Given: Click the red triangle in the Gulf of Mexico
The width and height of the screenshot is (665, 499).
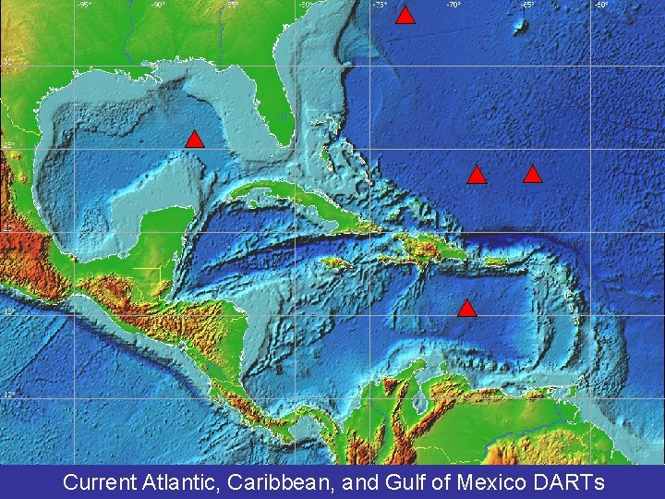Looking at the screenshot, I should click(x=194, y=140).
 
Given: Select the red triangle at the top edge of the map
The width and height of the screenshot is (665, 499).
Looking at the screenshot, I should click(x=405, y=15).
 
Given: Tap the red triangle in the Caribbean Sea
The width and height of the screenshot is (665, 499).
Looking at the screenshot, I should click(x=467, y=309).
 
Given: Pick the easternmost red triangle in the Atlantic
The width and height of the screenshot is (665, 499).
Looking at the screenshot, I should click(x=532, y=174).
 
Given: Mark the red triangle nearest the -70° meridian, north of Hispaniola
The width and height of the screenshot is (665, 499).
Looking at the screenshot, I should click(x=476, y=175).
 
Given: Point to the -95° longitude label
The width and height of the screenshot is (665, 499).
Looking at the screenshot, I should click(x=83, y=5).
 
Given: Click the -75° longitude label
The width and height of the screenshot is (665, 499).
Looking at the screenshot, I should click(x=379, y=5).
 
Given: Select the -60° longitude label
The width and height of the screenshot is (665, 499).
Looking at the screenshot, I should click(x=600, y=5).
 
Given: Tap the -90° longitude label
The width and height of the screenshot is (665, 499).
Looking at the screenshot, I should click(x=158, y=5).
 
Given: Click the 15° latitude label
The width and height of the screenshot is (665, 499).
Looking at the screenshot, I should click(x=8, y=312).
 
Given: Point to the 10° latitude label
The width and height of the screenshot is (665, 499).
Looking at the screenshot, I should click(x=8, y=395).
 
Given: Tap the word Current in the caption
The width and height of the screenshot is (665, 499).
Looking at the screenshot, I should click(x=99, y=481).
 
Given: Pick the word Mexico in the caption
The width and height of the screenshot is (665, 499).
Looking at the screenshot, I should click(x=487, y=481).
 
